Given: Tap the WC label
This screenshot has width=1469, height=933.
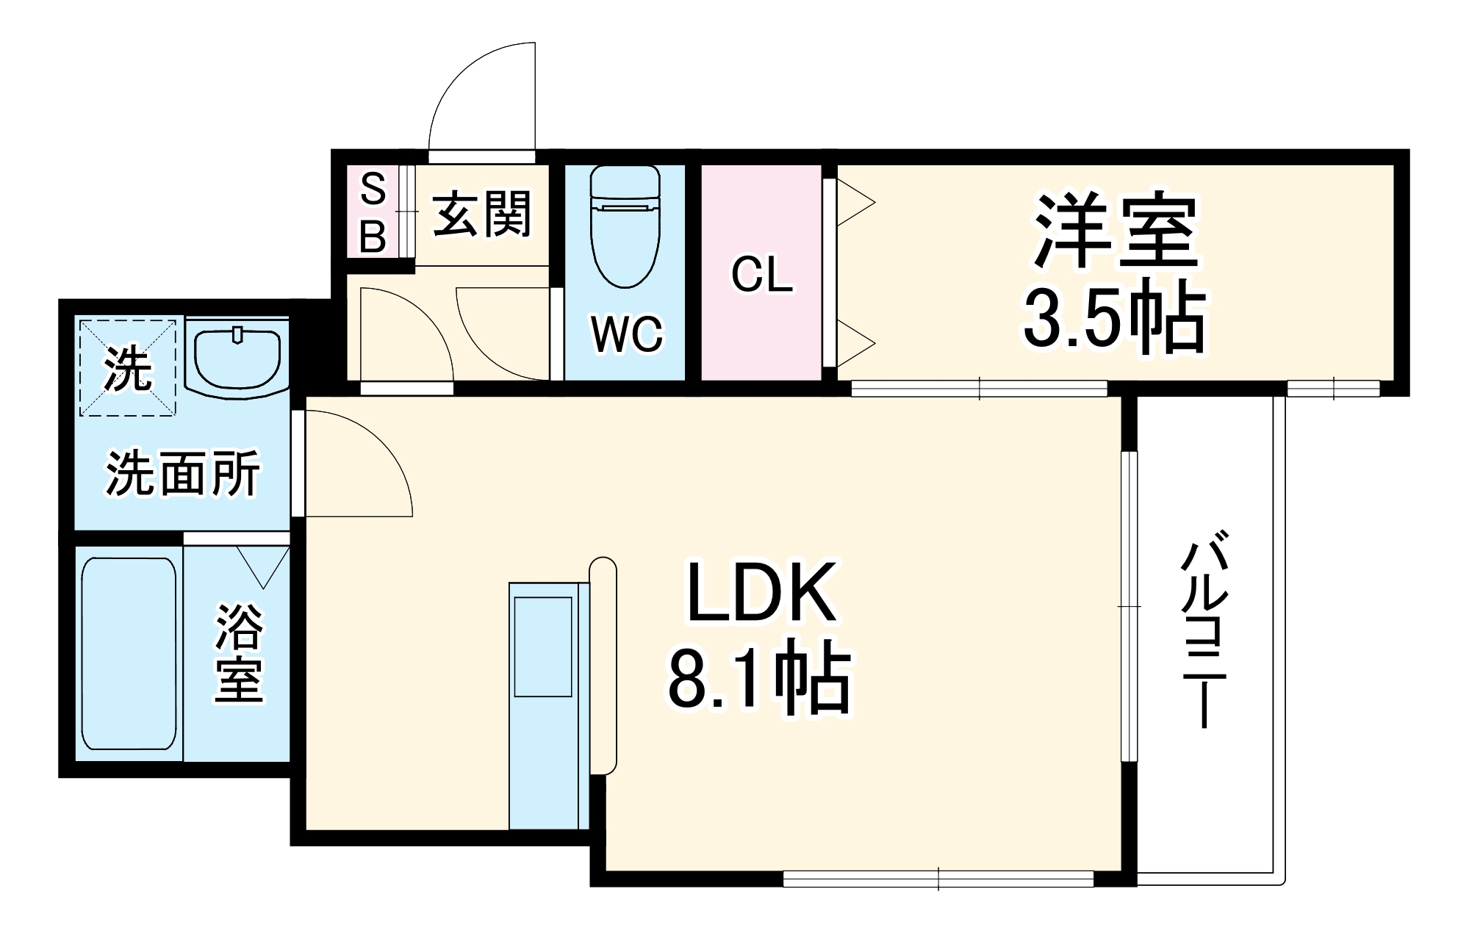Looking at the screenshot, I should click(x=627, y=334).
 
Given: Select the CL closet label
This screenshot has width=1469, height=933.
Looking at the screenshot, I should click(x=762, y=275).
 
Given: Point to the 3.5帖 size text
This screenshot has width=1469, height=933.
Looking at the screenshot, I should click(x=1114, y=318).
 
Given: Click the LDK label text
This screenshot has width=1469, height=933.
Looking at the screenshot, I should click(x=761, y=593).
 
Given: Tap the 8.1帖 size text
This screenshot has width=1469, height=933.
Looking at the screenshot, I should click(x=758, y=677).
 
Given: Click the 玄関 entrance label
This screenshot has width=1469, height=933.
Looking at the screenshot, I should click(x=481, y=214).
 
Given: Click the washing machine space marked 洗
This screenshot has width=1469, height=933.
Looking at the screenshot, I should click(x=128, y=367).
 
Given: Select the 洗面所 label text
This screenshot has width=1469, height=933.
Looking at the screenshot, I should click(x=183, y=474).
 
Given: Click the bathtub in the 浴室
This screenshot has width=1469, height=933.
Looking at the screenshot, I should click(x=129, y=652).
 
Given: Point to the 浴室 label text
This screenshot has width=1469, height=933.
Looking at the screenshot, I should click(x=239, y=652).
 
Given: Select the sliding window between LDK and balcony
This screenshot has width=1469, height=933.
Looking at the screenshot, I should click(x=1129, y=607).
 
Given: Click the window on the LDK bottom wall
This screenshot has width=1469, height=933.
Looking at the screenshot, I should click(x=938, y=878).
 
